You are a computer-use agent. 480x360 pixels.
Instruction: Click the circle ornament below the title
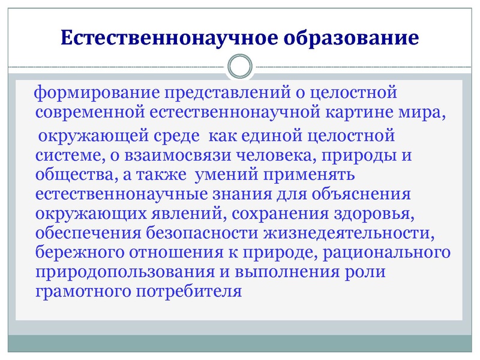pos(240,66)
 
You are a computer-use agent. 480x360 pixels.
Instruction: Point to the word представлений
pos(221,94)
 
